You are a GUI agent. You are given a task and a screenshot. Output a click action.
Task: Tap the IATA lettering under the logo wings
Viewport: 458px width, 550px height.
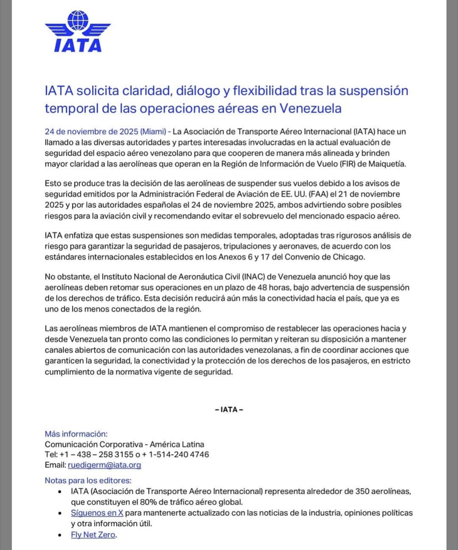[77, 45]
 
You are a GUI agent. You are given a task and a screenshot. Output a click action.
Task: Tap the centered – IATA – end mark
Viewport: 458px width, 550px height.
[228, 409]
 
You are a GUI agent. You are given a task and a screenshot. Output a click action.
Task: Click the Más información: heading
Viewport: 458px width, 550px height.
[76, 434]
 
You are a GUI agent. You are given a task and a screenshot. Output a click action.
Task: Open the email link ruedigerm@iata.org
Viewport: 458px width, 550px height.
[104, 465]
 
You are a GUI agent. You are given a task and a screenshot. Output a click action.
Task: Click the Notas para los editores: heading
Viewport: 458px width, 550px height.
[90, 480]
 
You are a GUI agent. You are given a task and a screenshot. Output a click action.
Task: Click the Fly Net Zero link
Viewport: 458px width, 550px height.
[93, 535]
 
